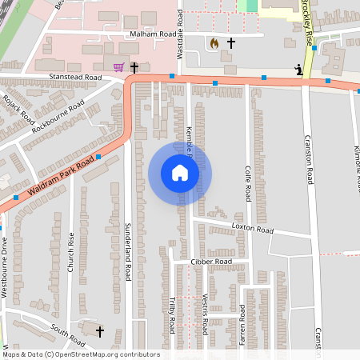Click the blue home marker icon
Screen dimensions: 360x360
coord(180,173)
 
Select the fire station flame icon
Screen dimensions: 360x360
coord(214,42)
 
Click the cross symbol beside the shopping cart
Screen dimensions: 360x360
coord(134,67)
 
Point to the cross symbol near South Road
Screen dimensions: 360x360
coord(100,330)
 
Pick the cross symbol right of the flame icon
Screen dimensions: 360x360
coord(232,42)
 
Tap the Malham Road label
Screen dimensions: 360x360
coord(153,35)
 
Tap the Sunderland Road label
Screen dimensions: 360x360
coord(127,252)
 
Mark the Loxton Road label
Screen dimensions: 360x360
coord(252,229)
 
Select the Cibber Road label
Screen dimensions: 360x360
coord(211,262)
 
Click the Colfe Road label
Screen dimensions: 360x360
coord(248,183)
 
